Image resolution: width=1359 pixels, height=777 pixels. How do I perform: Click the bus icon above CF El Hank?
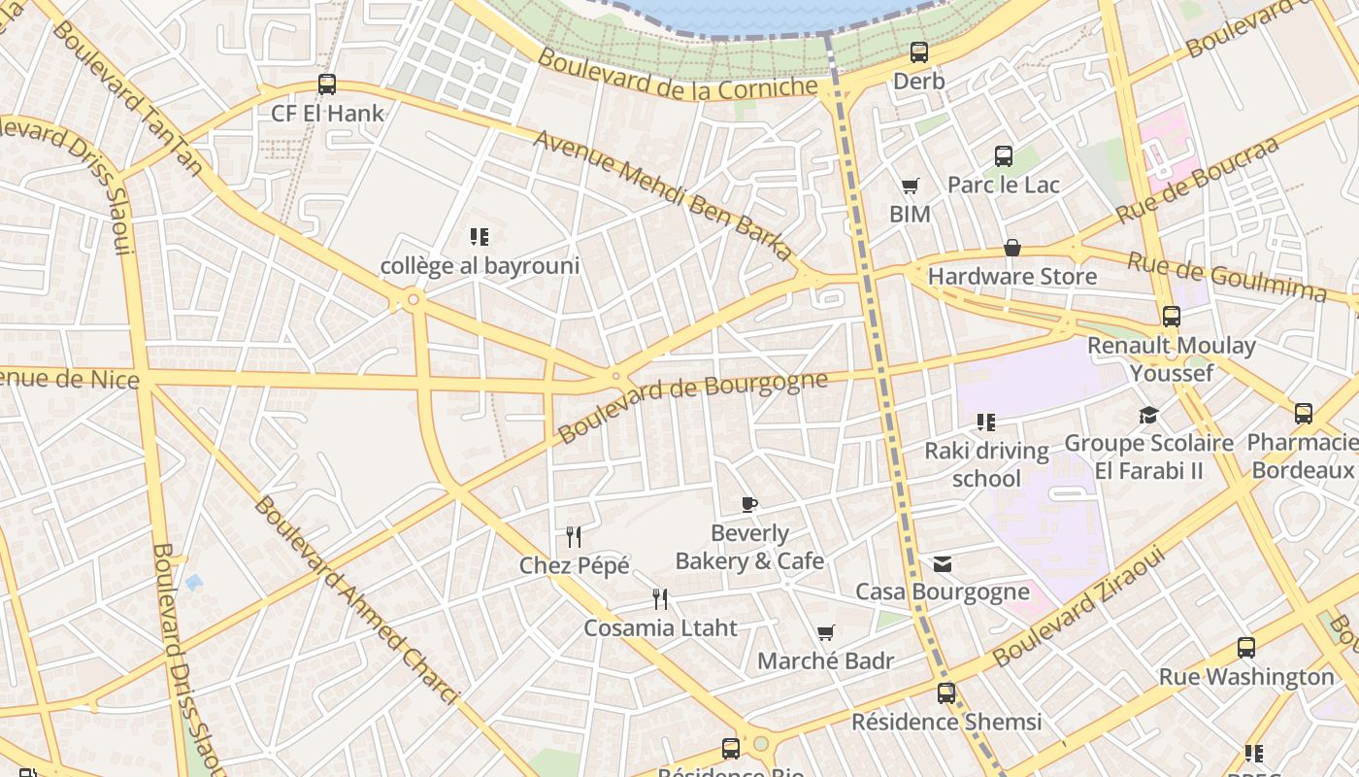tap(327, 84)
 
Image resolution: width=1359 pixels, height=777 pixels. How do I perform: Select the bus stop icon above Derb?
tap(918, 52)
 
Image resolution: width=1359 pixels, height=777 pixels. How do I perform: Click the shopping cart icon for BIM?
tap(910, 186)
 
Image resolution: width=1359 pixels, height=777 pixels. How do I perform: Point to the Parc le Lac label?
tap(1003, 185)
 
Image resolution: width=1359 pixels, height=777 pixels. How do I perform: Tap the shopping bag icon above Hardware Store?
tap(1011, 248)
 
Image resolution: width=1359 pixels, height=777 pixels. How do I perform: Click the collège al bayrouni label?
tap(480, 265)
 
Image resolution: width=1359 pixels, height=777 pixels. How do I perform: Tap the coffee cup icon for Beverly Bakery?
tap(748, 504)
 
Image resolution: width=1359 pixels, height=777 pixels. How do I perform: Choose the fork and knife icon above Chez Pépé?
tap(574, 536)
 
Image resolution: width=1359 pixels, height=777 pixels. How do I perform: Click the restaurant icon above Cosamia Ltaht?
tap(660, 598)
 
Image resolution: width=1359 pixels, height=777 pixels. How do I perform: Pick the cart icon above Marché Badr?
tap(825, 633)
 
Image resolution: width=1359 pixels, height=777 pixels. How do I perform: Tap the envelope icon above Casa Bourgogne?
tap(942, 564)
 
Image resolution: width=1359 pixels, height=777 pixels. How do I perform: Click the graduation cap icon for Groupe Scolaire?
tap(1148, 416)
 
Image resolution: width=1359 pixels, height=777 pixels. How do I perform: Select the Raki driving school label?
tap(986, 464)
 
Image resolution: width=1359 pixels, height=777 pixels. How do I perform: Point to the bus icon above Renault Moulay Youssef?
tap(1171, 317)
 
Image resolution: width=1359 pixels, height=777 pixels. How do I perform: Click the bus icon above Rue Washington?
tap(1245, 648)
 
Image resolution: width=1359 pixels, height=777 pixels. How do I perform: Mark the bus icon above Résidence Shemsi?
tap(945, 693)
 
